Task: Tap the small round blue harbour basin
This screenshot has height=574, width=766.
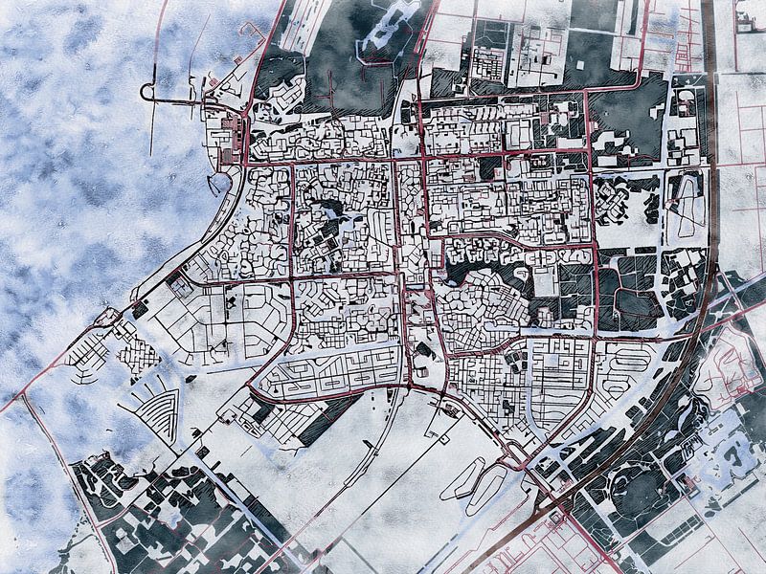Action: pyautogui.click(x=219, y=182)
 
